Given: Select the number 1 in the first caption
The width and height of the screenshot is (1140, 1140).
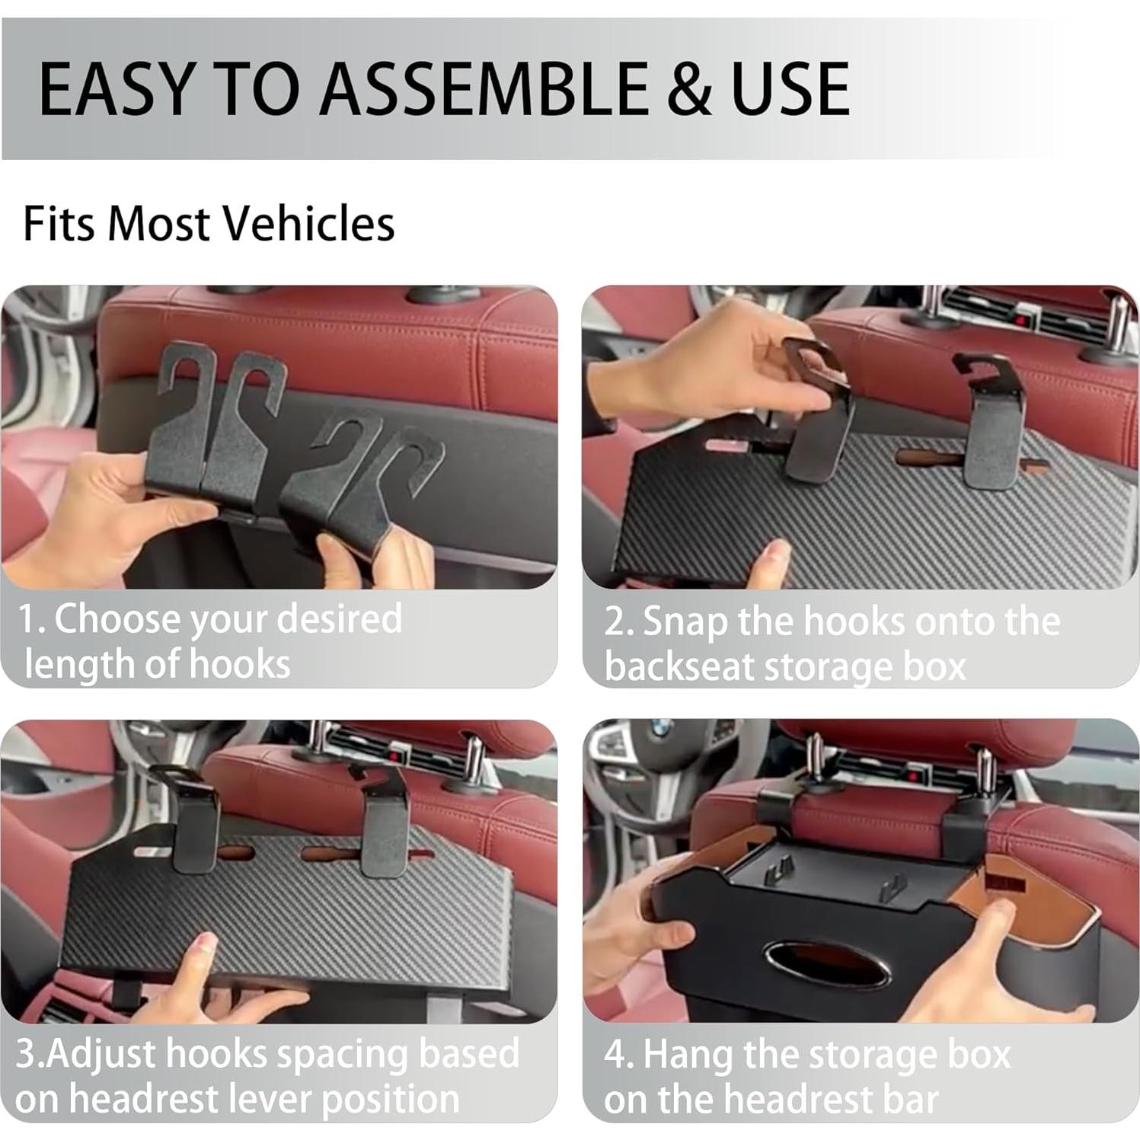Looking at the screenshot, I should pyautogui.click(x=28, y=619).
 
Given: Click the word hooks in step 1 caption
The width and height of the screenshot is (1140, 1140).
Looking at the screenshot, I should pyautogui.click(x=239, y=664).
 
